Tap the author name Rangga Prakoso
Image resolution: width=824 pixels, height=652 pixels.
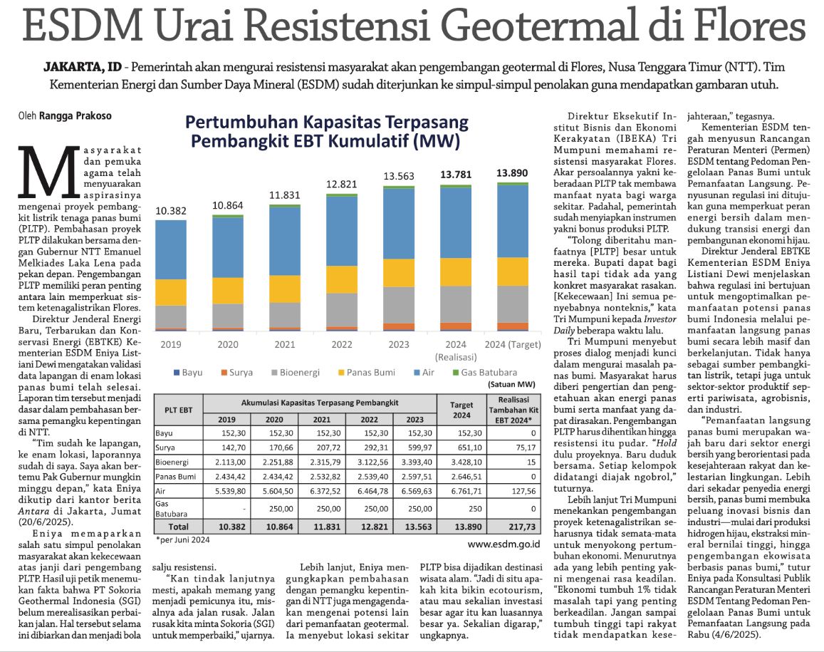tap(75, 115)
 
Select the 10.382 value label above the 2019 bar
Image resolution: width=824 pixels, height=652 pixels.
tap(171, 211)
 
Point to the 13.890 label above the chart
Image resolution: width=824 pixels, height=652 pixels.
tap(512, 173)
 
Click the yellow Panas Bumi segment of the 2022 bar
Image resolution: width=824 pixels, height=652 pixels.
tap(342, 279)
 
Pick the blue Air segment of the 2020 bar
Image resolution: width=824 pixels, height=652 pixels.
tap(228, 247)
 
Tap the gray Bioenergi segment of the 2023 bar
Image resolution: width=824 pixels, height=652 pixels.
tap(399, 305)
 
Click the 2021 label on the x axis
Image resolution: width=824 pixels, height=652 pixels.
tap(285, 344)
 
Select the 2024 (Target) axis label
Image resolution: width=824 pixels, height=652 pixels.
tap(512, 344)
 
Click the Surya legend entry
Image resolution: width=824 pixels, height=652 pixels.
tap(236, 372)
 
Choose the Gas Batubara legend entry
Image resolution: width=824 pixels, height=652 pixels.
tap(485, 372)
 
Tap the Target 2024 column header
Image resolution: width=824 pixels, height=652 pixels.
tap(461, 410)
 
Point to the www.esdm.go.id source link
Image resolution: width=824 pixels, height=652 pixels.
tap(504, 544)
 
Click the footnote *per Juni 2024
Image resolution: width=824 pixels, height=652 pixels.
tap(183, 539)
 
